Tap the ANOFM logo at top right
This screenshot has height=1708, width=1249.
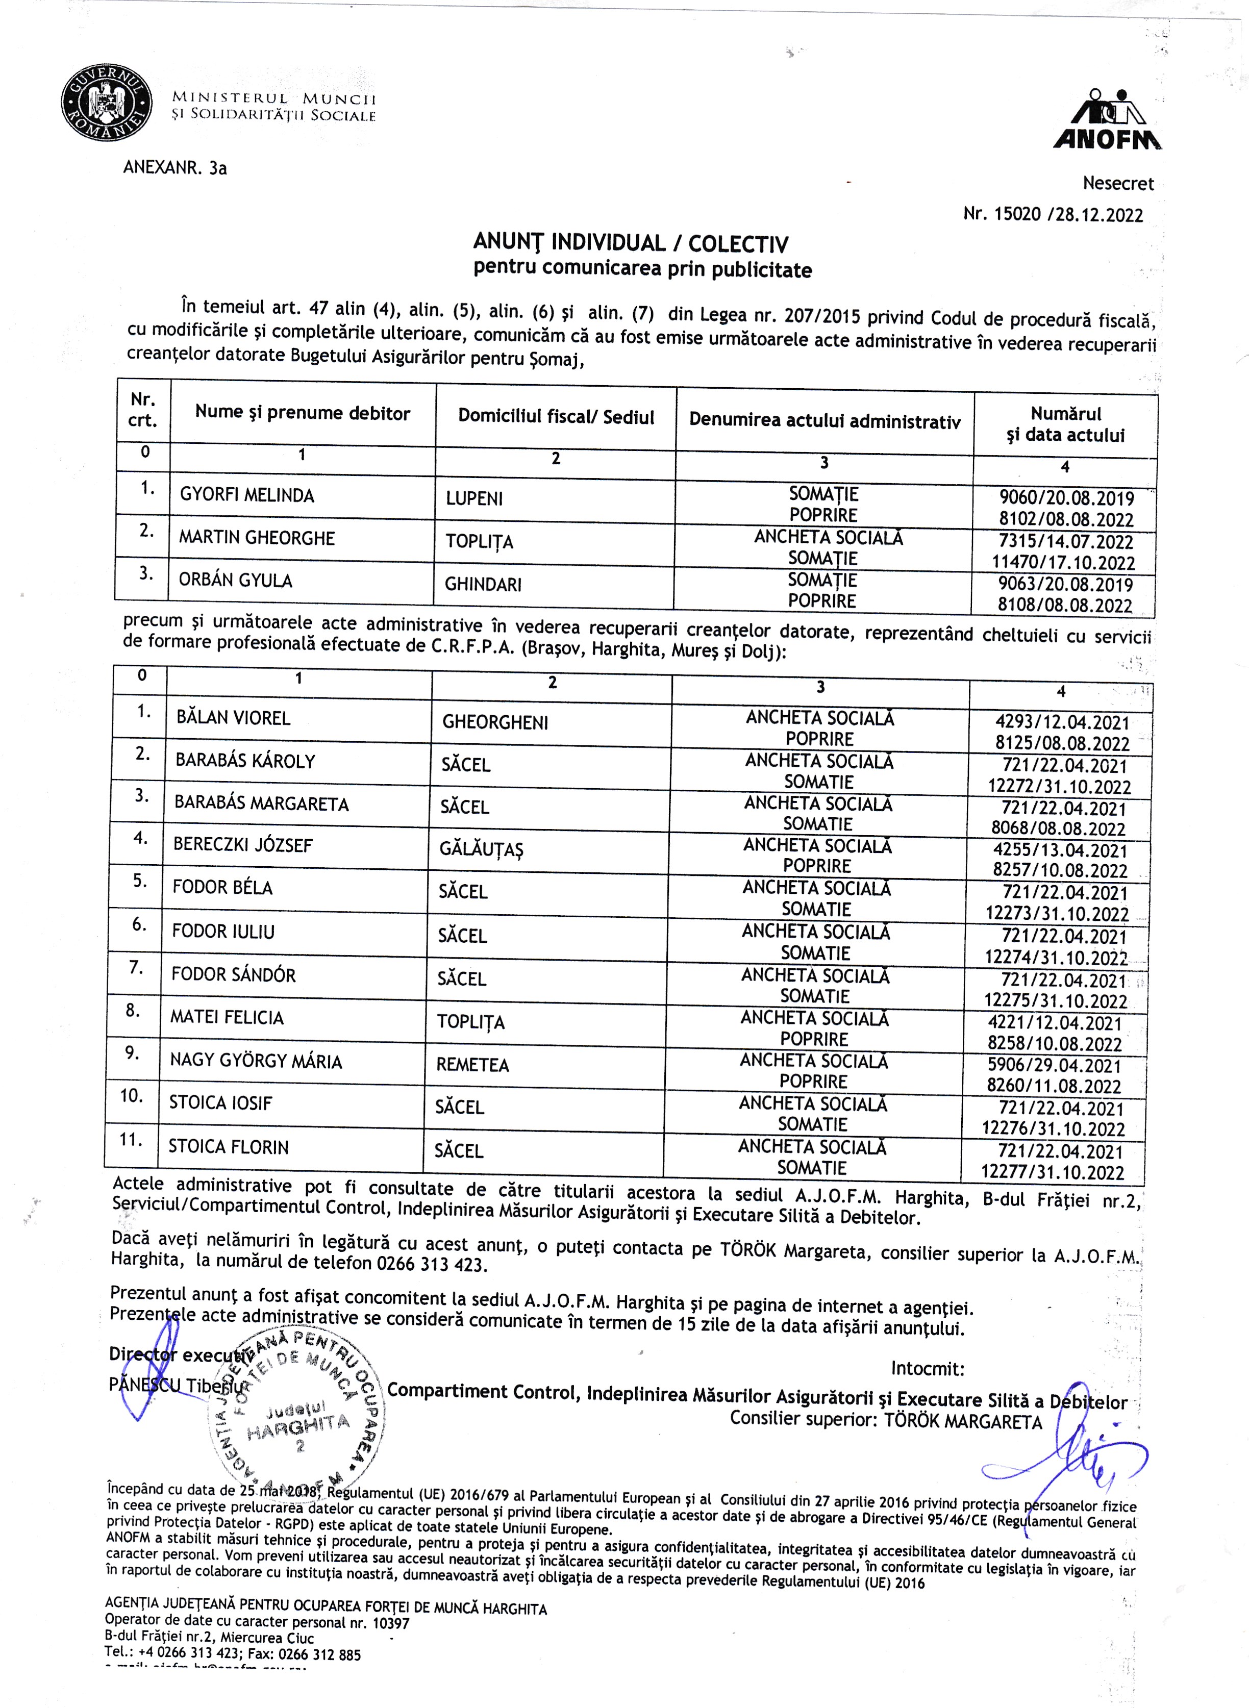tap(1108, 120)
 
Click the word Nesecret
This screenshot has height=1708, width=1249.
tap(1118, 183)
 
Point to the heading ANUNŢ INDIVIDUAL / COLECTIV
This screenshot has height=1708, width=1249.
tap(631, 243)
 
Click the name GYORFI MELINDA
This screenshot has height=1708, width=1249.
tap(246, 495)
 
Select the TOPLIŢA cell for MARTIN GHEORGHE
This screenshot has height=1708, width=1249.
tap(479, 542)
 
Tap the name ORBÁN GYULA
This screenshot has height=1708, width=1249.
tap(235, 581)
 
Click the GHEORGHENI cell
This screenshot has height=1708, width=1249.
tap(495, 722)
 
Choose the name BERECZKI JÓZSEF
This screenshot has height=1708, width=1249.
tap(243, 845)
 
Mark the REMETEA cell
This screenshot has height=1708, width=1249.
tap(472, 1065)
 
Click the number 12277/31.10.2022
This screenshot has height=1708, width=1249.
tap(1053, 1172)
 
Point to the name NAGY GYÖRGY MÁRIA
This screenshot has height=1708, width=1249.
tap(256, 1061)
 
